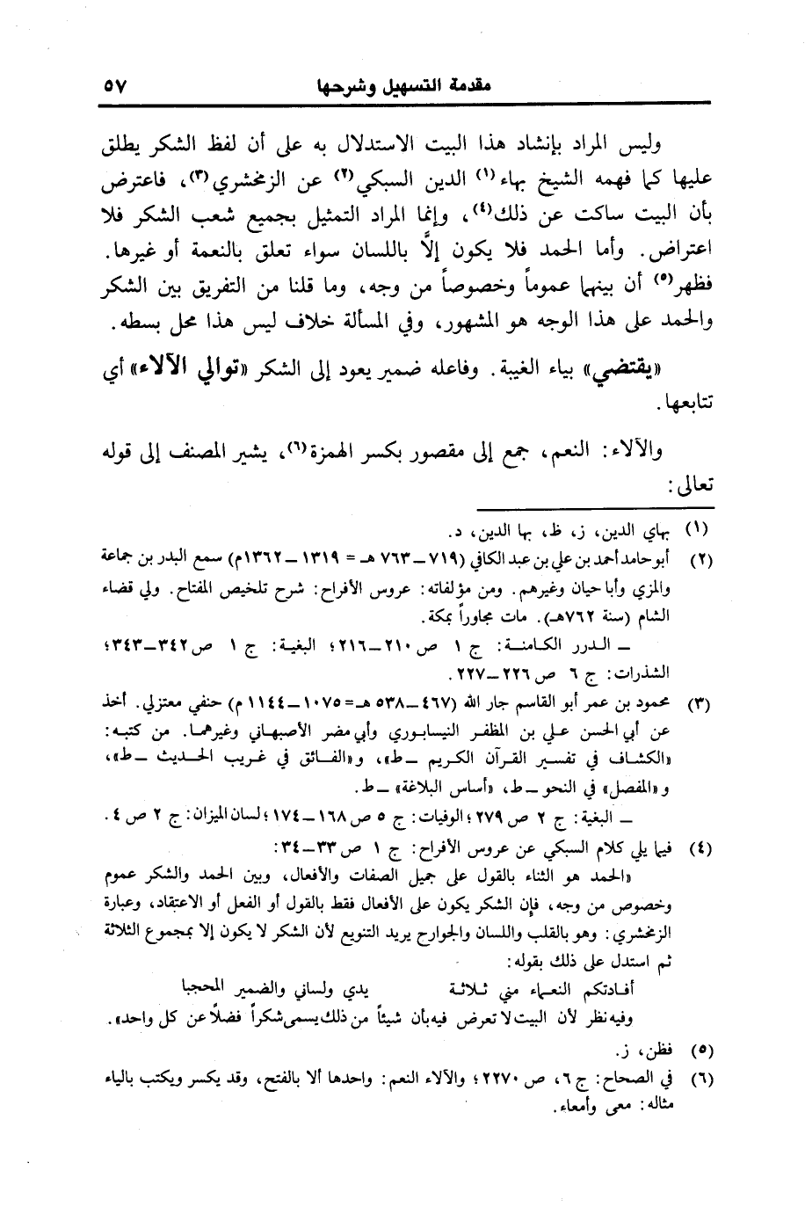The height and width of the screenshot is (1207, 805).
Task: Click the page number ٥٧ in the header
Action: pos(115,87)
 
